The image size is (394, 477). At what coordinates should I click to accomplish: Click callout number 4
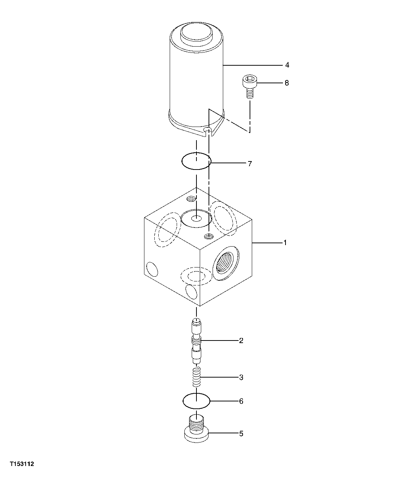[x=287, y=65]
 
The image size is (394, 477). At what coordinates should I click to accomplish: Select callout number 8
[x=287, y=83]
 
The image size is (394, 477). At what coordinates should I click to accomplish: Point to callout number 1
[x=284, y=243]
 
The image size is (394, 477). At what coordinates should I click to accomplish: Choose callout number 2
[x=241, y=341]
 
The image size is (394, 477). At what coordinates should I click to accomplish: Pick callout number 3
[x=241, y=378]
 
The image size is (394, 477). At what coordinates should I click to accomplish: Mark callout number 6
[x=241, y=401]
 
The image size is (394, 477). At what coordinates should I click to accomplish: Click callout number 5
[x=241, y=434]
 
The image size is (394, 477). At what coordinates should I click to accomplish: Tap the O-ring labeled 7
[x=196, y=161]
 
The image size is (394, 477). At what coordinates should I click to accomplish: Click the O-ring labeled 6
[x=196, y=401]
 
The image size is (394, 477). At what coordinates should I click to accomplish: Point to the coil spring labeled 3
[x=197, y=377]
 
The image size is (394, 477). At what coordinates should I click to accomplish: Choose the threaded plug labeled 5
[x=197, y=429]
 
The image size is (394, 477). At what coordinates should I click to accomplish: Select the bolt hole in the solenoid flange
[x=208, y=130]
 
